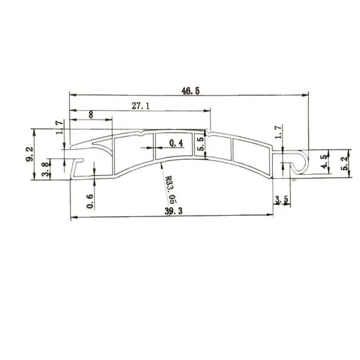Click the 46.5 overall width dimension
[191, 91]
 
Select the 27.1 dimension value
[141, 106]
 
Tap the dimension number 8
[91, 114]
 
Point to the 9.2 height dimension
[30, 154]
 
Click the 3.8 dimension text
[46, 169]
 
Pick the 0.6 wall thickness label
[90, 201]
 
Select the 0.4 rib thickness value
[176, 143]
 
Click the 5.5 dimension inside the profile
[200, 144]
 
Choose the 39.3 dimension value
[174, 211]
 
